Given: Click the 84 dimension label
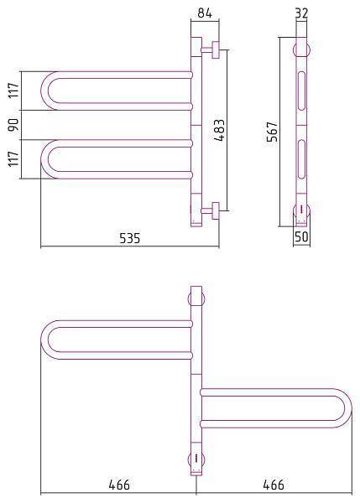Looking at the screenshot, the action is [205, 13].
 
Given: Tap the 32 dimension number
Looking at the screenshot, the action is [301, 13].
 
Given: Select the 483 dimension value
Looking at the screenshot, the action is [220, 130].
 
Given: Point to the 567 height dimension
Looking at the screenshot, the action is [272, 132].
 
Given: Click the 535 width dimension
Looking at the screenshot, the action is [130, 238].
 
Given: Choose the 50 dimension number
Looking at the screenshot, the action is [301, 236].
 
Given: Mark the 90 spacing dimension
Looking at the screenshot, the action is [13, 125].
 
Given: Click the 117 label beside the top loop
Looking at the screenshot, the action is [13, 91].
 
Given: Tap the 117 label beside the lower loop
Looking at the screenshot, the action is [13, 158].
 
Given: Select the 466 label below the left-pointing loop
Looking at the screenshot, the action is [119, 485].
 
